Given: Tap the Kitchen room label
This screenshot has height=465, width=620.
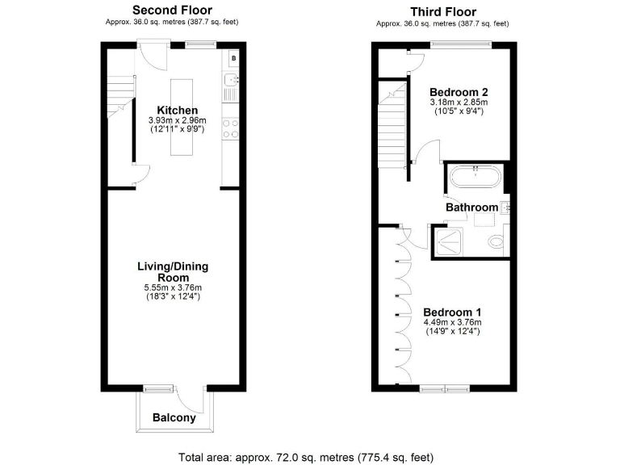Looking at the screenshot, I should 177,111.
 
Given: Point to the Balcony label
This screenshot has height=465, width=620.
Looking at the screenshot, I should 174,418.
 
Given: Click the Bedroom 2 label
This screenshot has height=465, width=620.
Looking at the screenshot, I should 459,91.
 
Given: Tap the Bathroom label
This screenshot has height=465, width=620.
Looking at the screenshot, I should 472,207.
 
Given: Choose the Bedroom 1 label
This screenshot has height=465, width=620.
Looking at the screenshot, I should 453,312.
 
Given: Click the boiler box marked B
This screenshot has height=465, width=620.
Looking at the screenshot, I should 233,58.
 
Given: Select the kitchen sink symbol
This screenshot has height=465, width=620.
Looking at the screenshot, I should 231,81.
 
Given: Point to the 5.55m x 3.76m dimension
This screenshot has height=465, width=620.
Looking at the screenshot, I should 175,287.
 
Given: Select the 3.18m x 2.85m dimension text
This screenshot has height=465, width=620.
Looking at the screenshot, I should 459,103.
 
